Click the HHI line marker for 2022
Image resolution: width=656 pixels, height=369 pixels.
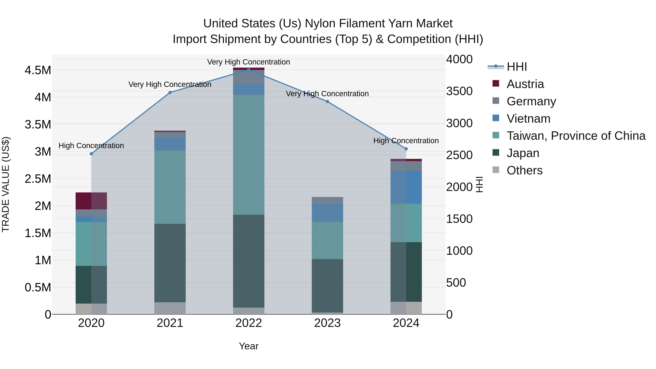tap(249, 70)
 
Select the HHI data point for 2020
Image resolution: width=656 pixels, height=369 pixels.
tap(91, 154)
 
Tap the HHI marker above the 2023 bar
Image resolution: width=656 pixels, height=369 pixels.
tap(327, 102)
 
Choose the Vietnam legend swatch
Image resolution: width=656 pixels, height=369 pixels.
tap(496, 118)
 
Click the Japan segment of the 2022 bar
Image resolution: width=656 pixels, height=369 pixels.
tap(249, 261)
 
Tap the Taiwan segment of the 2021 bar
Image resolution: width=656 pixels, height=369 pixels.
tap(170, 187)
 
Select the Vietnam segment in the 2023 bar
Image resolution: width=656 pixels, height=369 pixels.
tap(327, 213)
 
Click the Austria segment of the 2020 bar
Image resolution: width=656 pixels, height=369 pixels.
tap(91, 201)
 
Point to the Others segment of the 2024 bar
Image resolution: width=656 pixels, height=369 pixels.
tap(406, 308)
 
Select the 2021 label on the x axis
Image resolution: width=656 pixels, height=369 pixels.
tap(170, 323)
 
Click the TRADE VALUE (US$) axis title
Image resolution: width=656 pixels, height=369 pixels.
tap(6, 184)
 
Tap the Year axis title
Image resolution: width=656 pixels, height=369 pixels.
tap(249, 346)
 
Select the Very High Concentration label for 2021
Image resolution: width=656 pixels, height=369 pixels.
tap(170, 84)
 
